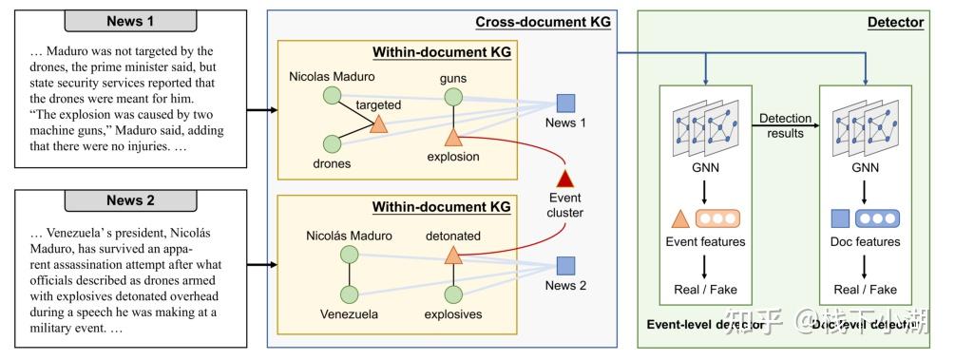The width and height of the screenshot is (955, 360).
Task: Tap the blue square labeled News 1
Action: pos(565,104)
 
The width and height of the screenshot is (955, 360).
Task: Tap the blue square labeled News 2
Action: pos(565,266)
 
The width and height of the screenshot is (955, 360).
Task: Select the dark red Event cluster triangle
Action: pos(565,178)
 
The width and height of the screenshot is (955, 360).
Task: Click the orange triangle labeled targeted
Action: pos(378,124)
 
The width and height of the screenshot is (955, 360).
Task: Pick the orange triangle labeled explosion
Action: pos(453,135)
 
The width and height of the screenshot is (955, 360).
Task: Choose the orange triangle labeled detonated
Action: pos(453,255)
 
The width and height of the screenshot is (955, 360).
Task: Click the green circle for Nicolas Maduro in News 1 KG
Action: pos(332,95)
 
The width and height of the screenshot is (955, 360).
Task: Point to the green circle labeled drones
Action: pos(332,143)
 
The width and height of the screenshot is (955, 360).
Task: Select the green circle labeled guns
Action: pos(453,95)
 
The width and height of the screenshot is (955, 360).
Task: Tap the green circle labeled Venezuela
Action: pos(349,294)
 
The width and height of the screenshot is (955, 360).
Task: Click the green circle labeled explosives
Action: pos(453,294)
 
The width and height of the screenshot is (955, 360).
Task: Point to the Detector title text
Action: pos(895,22)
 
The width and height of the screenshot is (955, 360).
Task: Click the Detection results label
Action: pos(785,125)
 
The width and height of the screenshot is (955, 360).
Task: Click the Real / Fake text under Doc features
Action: pos(864,289)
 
